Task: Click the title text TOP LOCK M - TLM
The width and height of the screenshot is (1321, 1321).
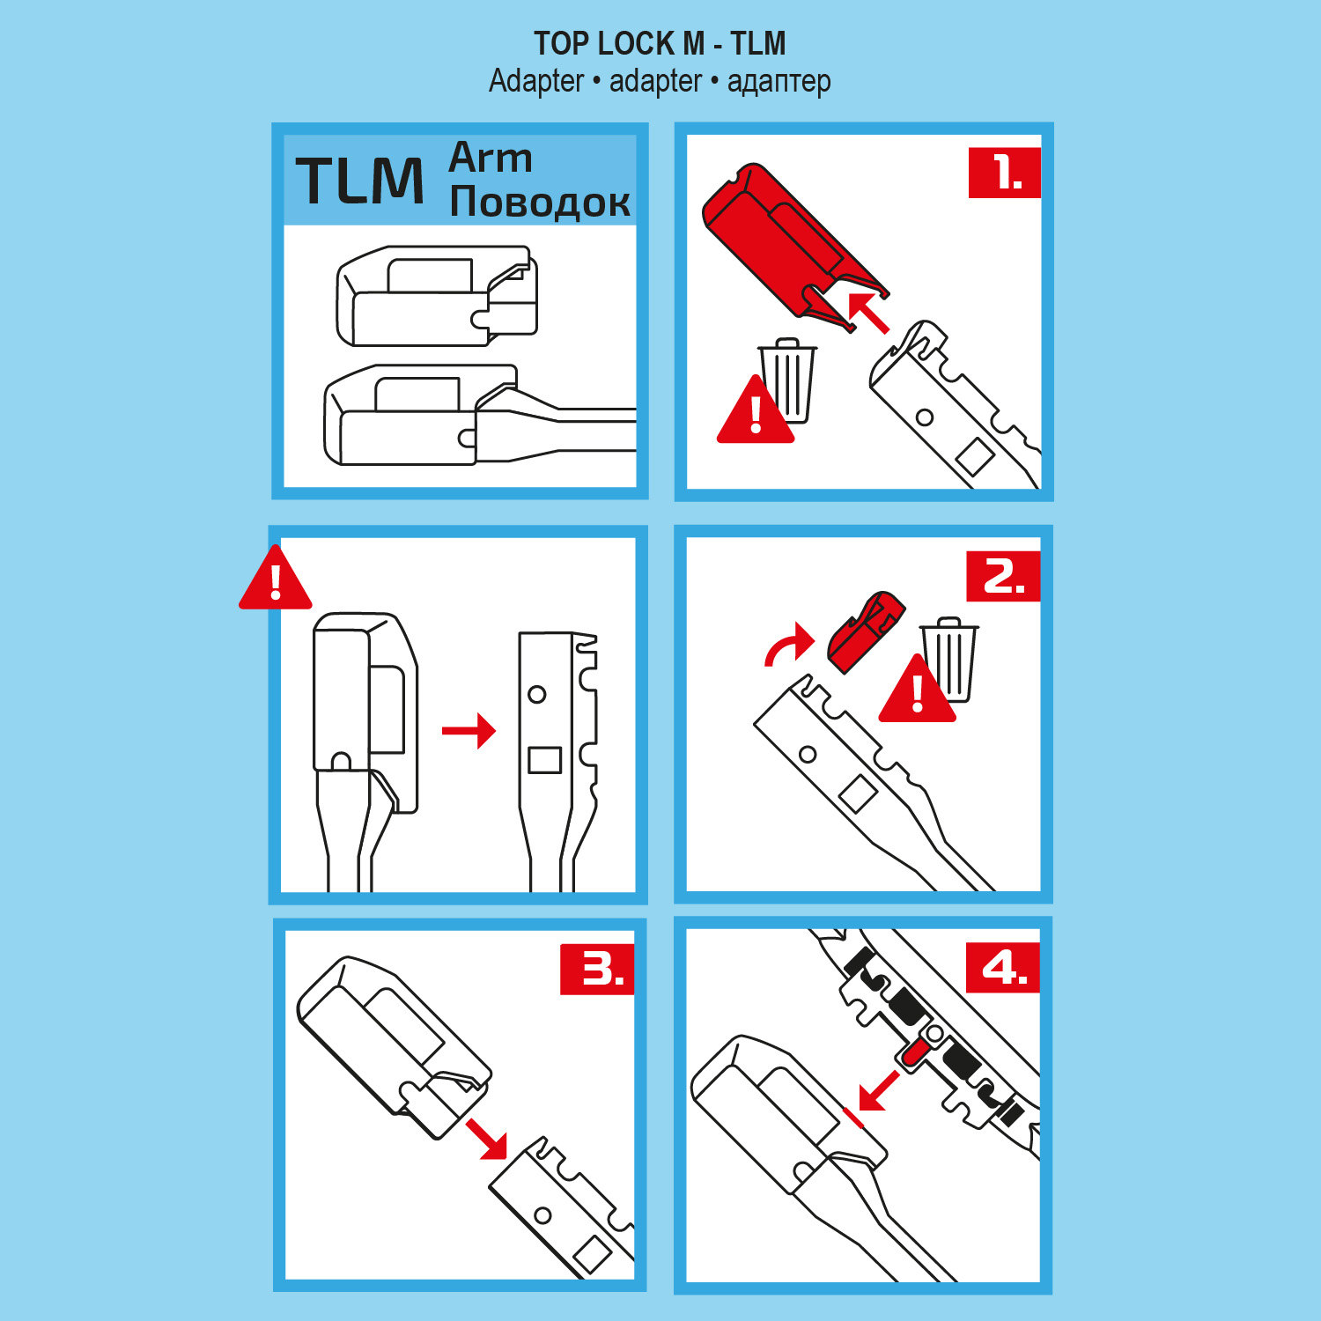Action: click(660, 43)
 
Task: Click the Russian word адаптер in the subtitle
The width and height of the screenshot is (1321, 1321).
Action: click(779, 81)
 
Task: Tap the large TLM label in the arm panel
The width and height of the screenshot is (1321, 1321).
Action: click(359, 181)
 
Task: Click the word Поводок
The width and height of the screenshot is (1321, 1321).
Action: click(540, 202)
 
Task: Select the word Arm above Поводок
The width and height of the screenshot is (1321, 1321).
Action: click(491, 158)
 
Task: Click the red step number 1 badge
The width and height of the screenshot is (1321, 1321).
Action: click(1004, 173)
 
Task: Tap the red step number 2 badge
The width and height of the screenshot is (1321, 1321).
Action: click(1003, 577)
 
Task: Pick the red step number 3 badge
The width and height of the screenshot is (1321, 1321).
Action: click(597, 970)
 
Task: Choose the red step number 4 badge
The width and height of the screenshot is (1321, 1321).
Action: click(1003, 968)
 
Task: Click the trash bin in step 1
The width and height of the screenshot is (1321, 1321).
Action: click(788, 380)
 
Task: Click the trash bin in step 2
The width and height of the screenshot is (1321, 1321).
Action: click(949, 659)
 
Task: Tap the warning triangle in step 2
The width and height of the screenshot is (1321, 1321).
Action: click(917, 690)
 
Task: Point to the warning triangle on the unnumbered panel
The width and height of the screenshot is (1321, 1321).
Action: click(276, 578)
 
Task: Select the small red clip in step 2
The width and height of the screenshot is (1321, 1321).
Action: click(866, 632)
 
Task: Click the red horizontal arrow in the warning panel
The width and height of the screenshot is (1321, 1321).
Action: click(469, 730)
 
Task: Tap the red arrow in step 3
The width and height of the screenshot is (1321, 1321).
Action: click(488, 1139)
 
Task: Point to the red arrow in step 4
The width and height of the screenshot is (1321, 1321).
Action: click(878, 1091)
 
